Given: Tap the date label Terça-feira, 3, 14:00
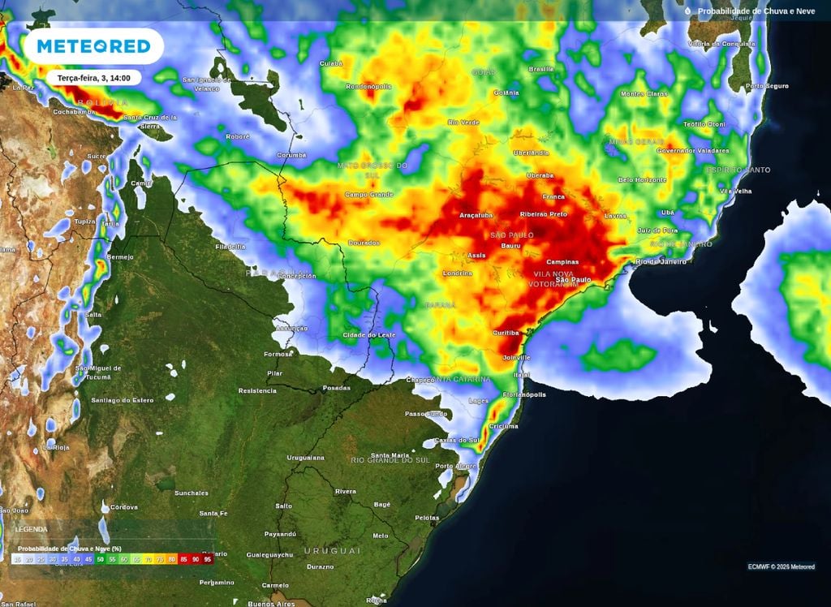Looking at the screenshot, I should [x=93, y=78].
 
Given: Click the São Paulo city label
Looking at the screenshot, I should [x=574, y=280].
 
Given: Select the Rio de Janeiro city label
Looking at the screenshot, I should [x=661, y=261].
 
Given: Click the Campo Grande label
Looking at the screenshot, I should [x=368, y=195].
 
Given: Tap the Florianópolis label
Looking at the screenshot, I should [x=523, y=395].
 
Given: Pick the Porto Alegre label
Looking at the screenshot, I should [x=455, y=467].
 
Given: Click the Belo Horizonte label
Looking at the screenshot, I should [x=642, y=180].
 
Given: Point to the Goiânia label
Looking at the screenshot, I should [x=506, y=93].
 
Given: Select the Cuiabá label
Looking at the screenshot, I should [x=332, y=62].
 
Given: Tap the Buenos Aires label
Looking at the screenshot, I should [x=273, y=604].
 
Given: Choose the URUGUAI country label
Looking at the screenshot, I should [x=332, y=550].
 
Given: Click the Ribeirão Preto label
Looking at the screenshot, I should [x=543, y=214].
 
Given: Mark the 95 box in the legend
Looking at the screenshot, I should [x=208, y=559].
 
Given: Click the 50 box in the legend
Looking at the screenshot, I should [x=101, y=559].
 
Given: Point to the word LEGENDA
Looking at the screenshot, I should [x=32, y=529].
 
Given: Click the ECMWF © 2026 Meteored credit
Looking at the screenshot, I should [x=781, y=566].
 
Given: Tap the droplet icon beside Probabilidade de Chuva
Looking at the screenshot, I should [x=687, y=11].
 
